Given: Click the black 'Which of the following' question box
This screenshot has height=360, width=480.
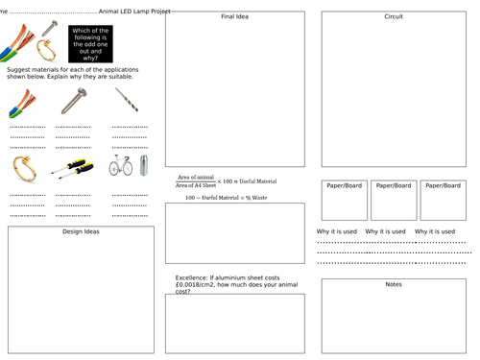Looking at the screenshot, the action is click(89, 44).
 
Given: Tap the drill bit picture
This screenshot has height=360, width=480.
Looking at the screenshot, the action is click(127, 100).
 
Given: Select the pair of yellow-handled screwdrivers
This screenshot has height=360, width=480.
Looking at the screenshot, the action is click(73, 166).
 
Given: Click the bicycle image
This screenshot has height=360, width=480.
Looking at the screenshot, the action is click(121, 166).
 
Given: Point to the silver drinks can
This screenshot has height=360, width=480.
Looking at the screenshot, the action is click(144, 165).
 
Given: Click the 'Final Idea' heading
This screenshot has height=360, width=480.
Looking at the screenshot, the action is click(234, 17).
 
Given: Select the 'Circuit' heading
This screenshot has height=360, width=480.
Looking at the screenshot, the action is click(393, 17).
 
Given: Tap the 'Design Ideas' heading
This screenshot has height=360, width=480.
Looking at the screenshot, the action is click(81, 231).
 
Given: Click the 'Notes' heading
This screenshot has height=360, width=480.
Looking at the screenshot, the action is click(393, 284).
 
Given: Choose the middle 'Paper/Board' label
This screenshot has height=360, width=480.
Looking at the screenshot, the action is click(394, 185).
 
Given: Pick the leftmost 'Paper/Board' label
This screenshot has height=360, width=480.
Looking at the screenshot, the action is click(344, 185).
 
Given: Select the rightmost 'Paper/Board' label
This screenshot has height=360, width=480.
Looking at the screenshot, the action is click(443, 185).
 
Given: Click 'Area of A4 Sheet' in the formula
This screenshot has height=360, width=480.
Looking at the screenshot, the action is click(195, 184).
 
